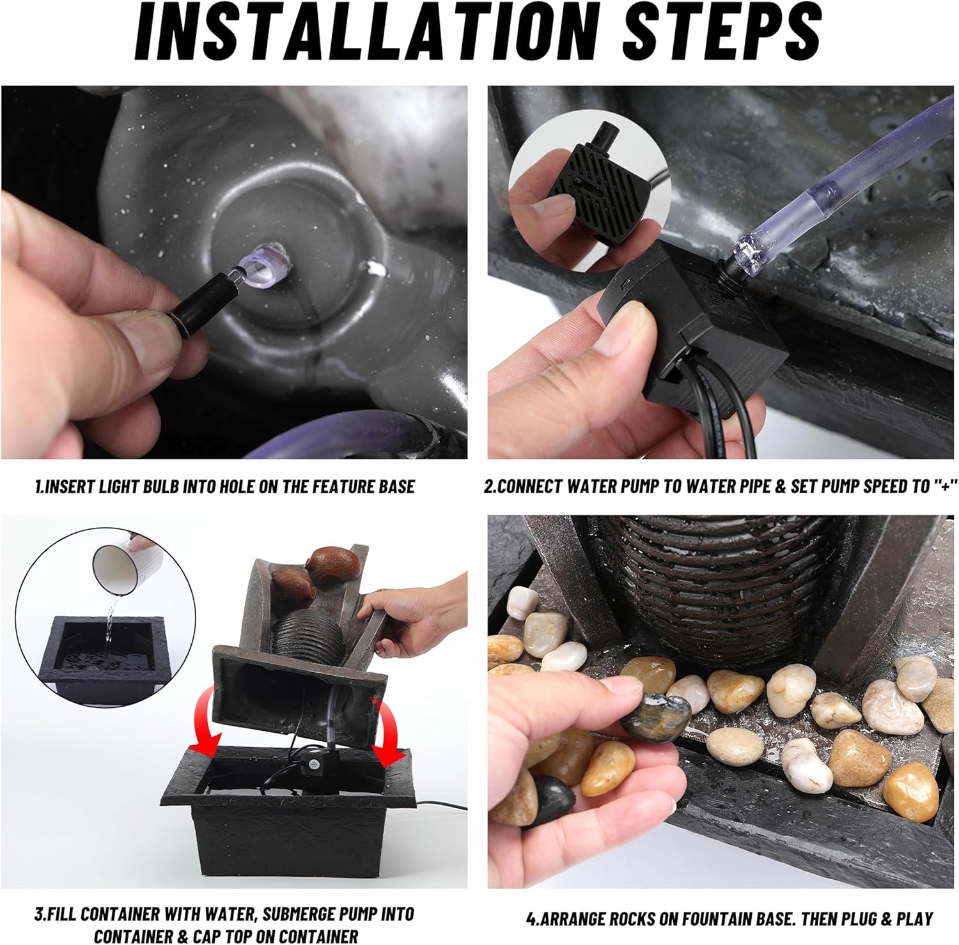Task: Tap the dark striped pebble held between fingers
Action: click(656, 716)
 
